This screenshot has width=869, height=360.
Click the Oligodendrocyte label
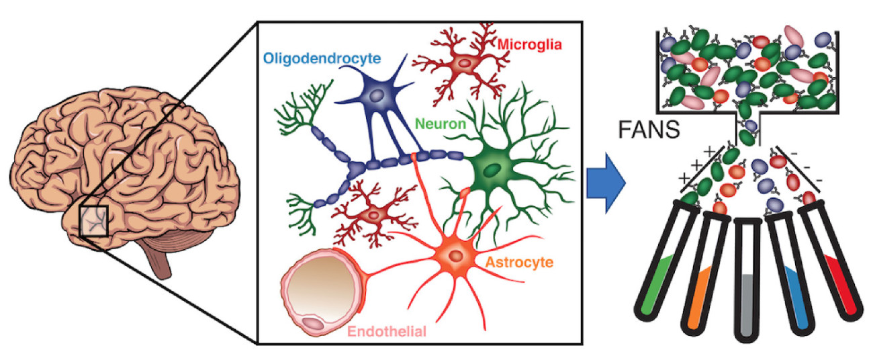(322, 58)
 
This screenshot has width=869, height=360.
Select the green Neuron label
(440, 124)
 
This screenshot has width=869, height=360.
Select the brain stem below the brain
(162, 259)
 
